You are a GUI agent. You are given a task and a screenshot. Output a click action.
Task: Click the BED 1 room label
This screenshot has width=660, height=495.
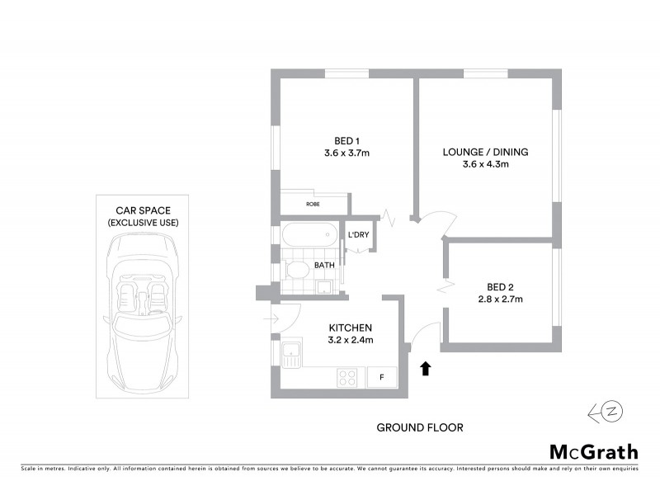pyautogui.click(x=346, y=139)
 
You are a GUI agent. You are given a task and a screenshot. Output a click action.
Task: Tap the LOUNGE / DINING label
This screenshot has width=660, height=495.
pyautogui.click(x=485, y=152)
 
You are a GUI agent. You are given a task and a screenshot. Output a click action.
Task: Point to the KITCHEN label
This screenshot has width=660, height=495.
pyautogui.click(x=351, y=327)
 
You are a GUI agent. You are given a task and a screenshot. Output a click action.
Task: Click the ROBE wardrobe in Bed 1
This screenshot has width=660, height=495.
pyautogui.click(x=313, y=203)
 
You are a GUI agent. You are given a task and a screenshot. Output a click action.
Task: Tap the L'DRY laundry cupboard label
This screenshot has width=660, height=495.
pyautogui.click(x=358, y=235)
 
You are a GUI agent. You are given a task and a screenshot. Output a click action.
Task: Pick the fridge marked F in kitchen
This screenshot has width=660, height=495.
pyautogui.click(x=382, y=377)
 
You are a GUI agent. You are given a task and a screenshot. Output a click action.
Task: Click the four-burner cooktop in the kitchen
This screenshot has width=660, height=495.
pyautogui.click(x=347, y=378)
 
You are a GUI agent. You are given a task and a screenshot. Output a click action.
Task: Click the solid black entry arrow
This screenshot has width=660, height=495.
pyautogui.click(x=426, y=368)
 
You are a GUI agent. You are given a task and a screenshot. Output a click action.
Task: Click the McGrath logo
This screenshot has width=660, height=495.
pyautogui.click(x=593, y=451)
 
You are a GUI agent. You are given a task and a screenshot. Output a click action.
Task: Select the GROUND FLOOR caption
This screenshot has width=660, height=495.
pyautogui.click(x=419, y=427)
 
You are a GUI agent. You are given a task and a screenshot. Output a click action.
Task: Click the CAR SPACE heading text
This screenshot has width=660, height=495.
pyautogui.click(x=143, y=210)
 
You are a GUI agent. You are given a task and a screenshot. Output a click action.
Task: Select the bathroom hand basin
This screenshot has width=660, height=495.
pyautogui.click(x=325, y=286)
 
